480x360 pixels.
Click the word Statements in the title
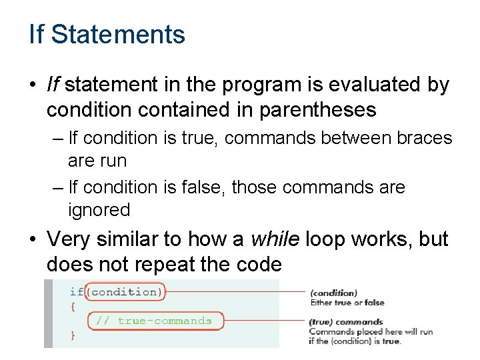118,34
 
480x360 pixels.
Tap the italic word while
275,239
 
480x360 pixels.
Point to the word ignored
99,210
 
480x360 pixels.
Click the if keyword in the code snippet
76,292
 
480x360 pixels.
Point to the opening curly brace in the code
73,307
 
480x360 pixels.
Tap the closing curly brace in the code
73,336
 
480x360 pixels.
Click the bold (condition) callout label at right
333,293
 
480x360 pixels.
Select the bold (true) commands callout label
345,322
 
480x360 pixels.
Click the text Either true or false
347,302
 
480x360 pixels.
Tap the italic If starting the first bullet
53,85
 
